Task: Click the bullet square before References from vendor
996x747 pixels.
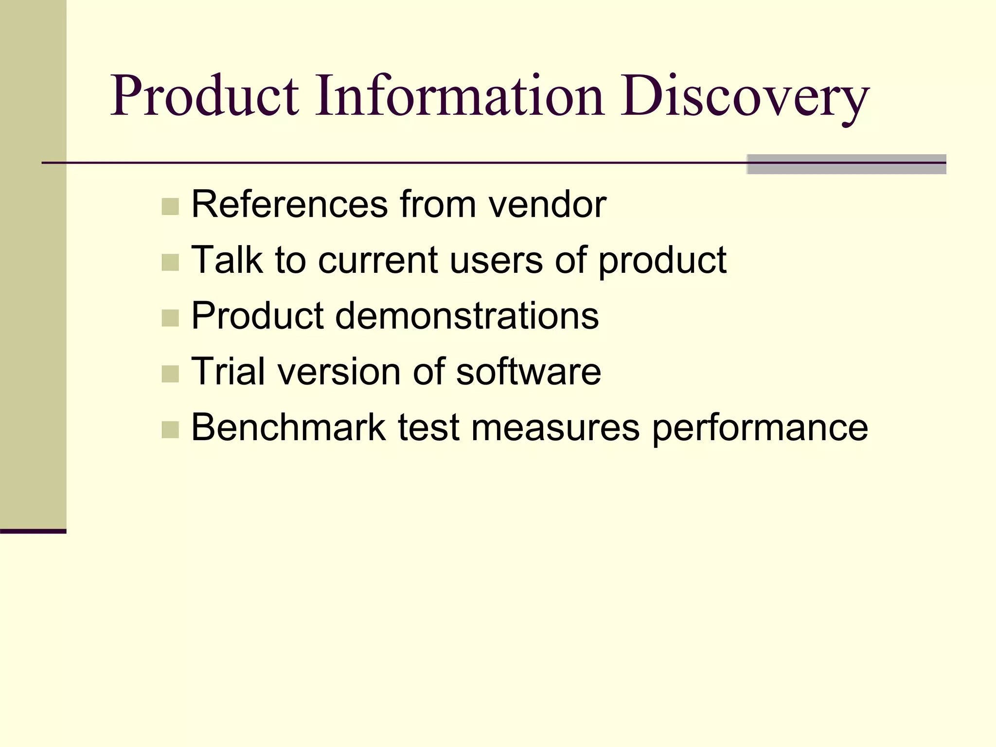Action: [170, 207]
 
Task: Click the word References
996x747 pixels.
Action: [289, 204]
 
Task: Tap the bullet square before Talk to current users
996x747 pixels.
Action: [170, 263]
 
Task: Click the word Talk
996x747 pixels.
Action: [227, 260]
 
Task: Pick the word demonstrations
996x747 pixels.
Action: [467, 316]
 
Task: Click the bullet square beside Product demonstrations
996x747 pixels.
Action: [170, 319]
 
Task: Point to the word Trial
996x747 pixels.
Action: [229, 372]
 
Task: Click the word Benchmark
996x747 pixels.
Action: [288, 427]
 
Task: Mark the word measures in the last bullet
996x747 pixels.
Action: [555, 428]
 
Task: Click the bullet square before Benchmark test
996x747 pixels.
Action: [170, 430]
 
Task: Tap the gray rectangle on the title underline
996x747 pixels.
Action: [846, 164]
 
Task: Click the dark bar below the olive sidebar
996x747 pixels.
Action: [33, 531]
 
